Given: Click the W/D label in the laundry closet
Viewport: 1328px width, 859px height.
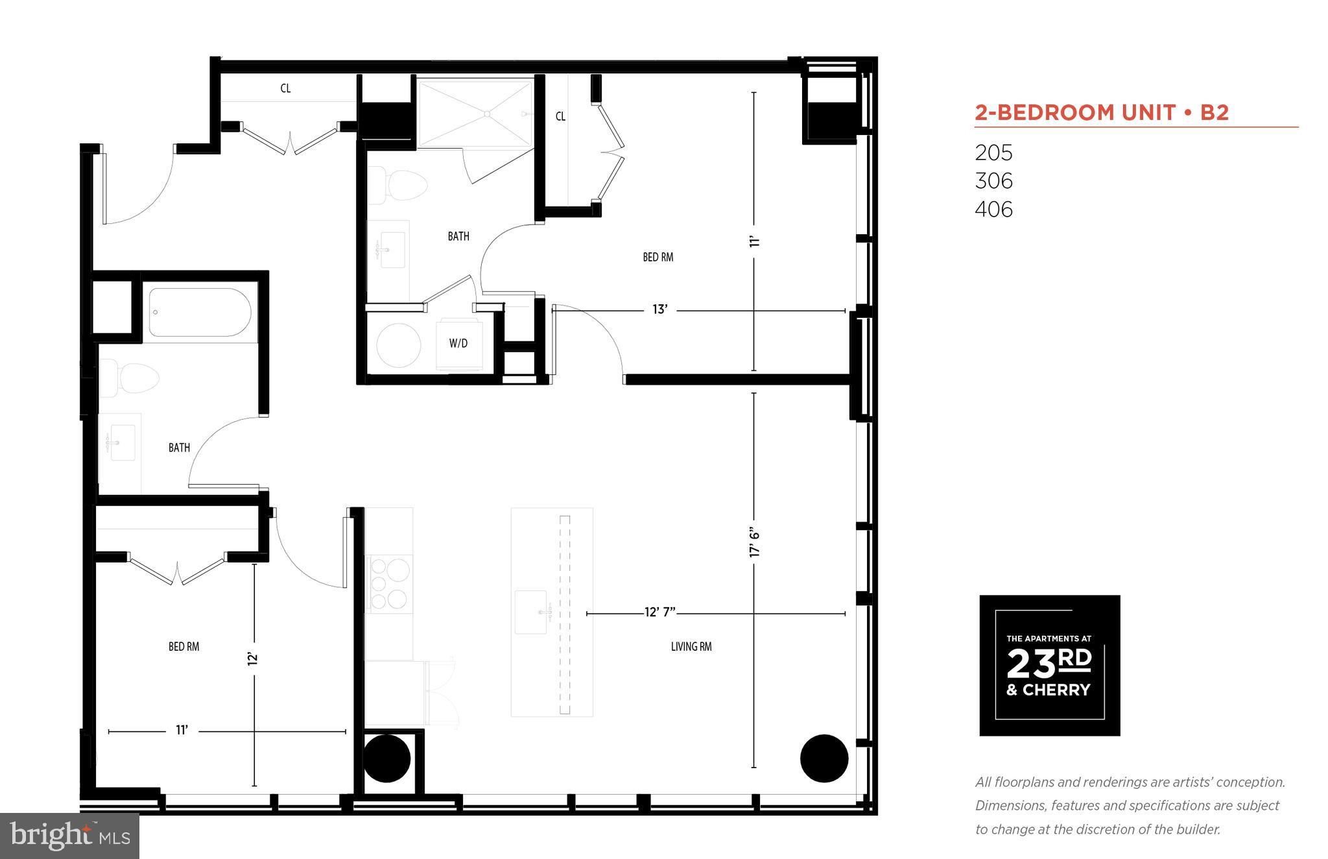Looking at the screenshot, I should [x=458, y=343].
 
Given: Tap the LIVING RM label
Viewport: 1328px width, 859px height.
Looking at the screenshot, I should [x=691, y=646].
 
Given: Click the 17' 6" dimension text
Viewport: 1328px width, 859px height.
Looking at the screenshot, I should [x=754, y=542].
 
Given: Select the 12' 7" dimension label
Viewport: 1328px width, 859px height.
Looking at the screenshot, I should [x=660, y=612].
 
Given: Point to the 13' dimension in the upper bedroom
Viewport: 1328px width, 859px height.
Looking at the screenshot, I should [x=659, y=310].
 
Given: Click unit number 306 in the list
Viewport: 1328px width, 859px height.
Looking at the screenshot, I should [x=993, y=181].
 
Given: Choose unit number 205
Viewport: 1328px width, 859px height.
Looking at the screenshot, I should [x=993, y=153].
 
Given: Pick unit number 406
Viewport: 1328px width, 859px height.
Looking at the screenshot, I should [x=993, y=210].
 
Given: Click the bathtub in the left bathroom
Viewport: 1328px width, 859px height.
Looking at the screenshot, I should [x=200, y=312].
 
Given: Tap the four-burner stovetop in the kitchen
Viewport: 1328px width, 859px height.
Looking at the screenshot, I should [x=388, y=584].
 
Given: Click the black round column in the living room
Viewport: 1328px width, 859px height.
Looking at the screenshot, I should [x=824, y=758].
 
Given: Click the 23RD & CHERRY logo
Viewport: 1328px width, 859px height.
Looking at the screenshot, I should [x=1049, y=665].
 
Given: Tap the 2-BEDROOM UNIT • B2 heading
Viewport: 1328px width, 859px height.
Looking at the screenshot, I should [x=1102, y=113].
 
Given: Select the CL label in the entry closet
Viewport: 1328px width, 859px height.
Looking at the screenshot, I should [x=285, y=88].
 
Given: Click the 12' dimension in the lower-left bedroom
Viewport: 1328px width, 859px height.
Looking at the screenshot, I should [x=254, y=658].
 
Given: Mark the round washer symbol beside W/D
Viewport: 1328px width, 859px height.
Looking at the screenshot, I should [x=398, y=346].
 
